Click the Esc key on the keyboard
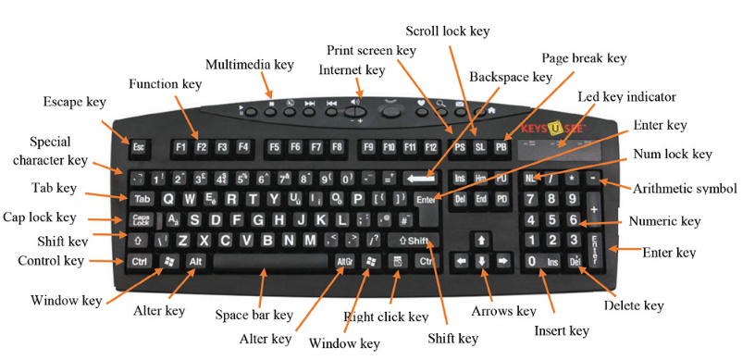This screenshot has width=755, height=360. tap(139, 146)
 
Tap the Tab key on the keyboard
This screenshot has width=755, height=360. tap(142, 199)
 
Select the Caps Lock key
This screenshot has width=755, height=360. tap(142, 220)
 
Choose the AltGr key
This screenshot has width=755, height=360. tap(344, 262)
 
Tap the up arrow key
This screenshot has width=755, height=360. tap(481, 240)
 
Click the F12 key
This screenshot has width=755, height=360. tap(430, 146)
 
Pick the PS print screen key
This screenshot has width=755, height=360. tap(460, 147)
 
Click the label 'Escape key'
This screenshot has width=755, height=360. tap(75, 101)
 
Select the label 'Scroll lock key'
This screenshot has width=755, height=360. tap(447, 31)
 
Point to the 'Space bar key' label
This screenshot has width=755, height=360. tap(254, 315)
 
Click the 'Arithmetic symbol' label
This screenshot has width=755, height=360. tap(685, 189)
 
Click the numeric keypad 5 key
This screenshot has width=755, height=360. tap(552, 220)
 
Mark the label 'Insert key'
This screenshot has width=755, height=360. tap(561, 330)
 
